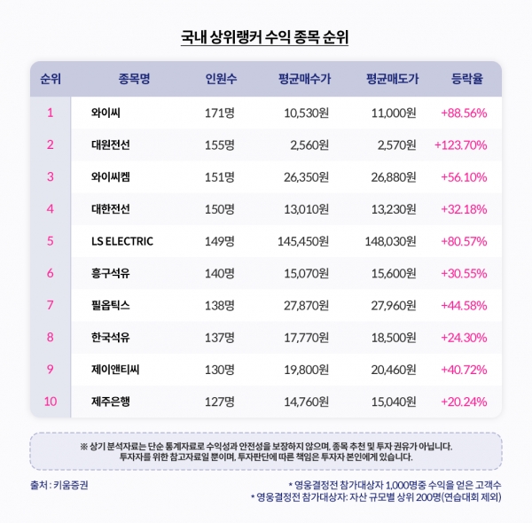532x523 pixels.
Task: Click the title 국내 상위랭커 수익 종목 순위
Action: tap(266, 37)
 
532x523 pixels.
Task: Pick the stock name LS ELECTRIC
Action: tap(122, 241)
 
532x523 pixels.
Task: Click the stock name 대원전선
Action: tap(111, 144)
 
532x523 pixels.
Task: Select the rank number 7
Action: tap(51, 305)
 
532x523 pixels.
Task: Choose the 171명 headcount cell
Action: tap(219, 113)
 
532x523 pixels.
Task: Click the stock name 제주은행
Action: tap(111, 402)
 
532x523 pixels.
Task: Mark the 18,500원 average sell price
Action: tap(390, 337)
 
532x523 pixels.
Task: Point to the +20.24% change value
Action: tap(464, 402)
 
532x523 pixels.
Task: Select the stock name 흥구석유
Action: tap(111, 273)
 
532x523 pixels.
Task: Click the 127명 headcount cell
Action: tap(219, 402)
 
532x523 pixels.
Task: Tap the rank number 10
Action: tap(51, 402)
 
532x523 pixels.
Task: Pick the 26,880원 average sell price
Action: tap(390, 176)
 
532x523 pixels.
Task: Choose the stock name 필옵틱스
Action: tap(111, 305)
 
